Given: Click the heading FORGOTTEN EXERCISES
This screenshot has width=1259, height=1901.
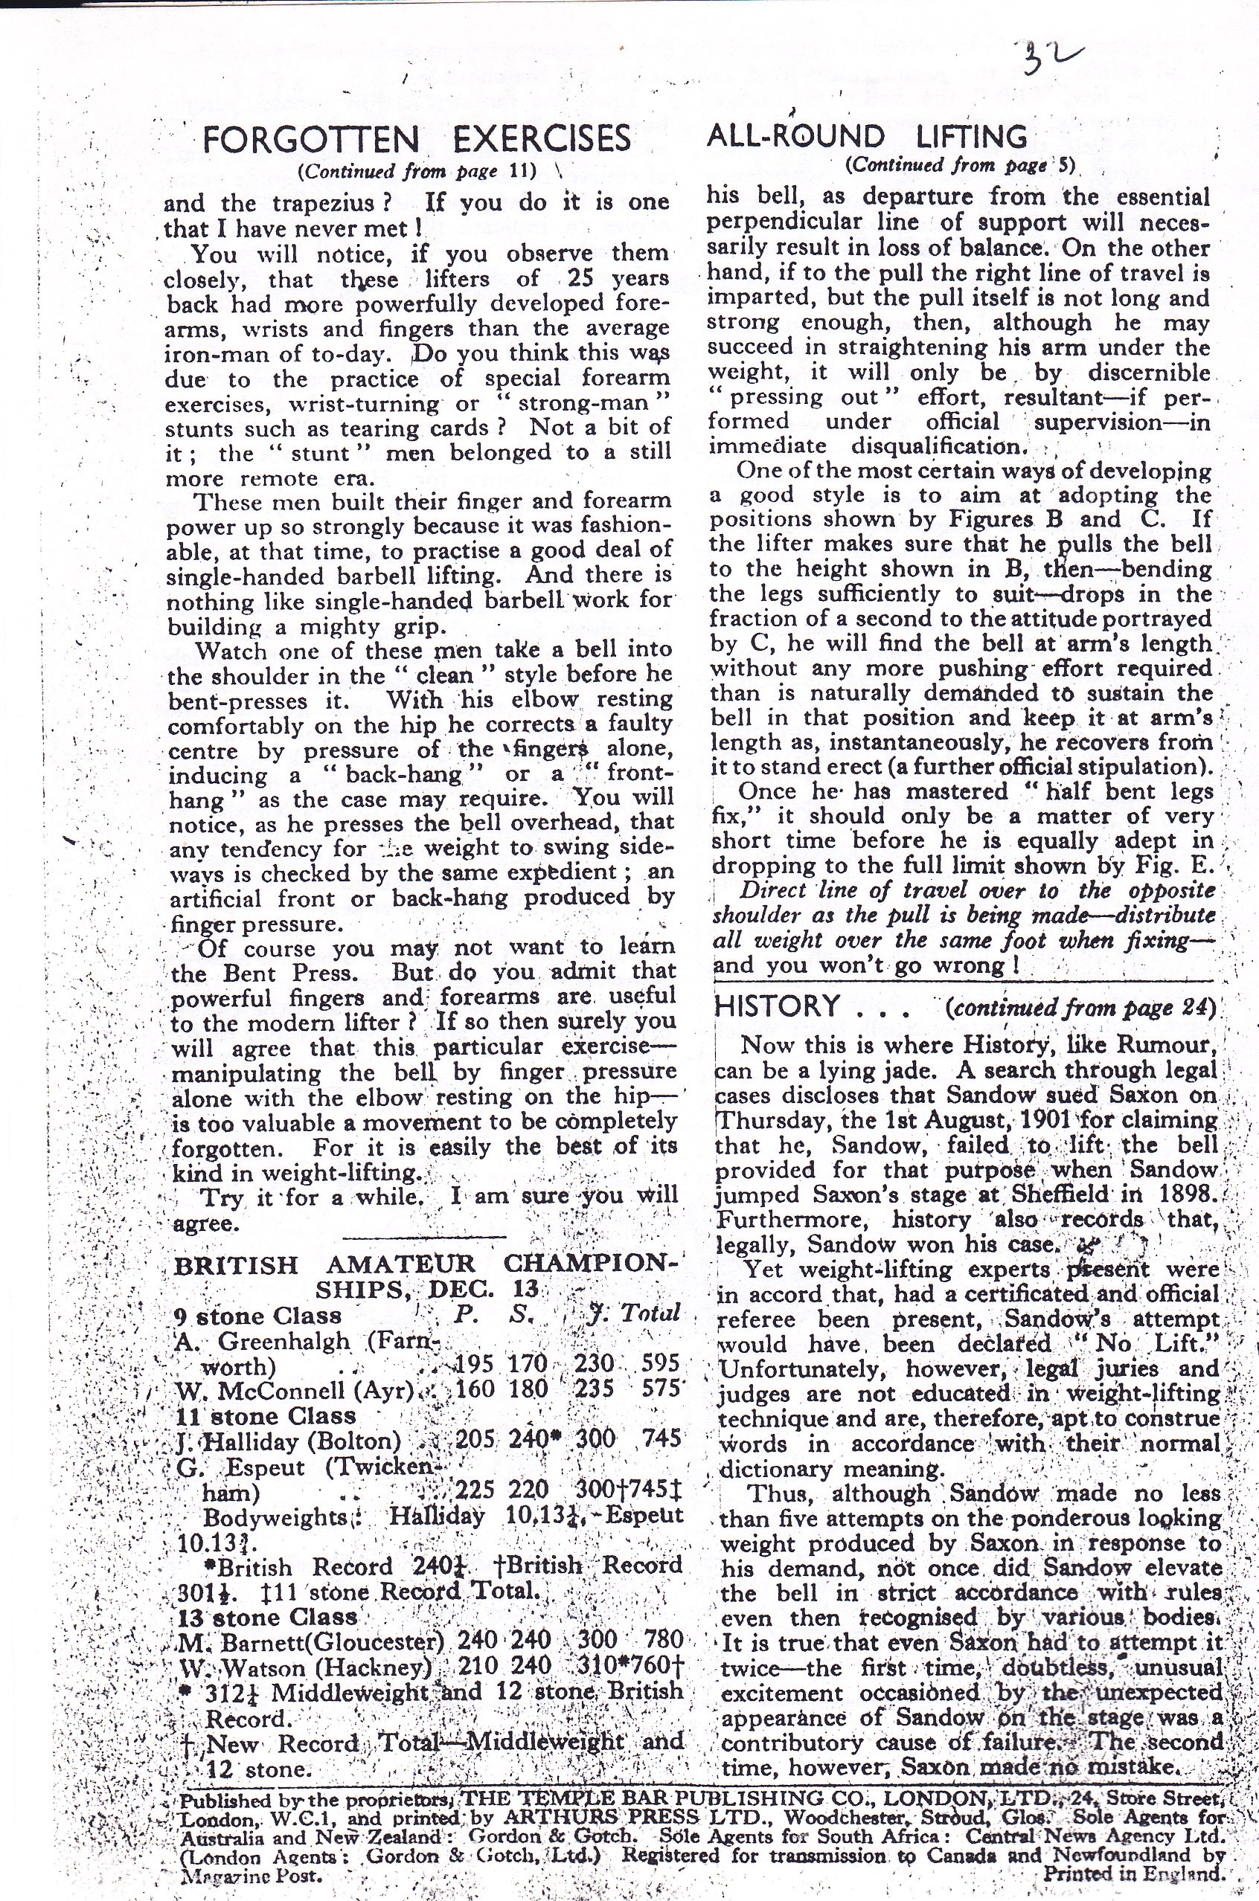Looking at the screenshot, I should point(417,139).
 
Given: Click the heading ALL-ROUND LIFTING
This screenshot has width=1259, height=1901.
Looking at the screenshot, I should point(866,136).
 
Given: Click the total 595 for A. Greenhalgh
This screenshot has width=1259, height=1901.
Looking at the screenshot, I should point(661,1363).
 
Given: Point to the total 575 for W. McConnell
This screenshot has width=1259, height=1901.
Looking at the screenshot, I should point(661,1389).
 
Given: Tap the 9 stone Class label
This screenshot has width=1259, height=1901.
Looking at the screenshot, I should point(257,1316).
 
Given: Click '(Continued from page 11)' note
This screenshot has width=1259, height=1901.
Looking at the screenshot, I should point(416,171).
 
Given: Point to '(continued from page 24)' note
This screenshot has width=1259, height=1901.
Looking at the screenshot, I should point(1080,1008).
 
